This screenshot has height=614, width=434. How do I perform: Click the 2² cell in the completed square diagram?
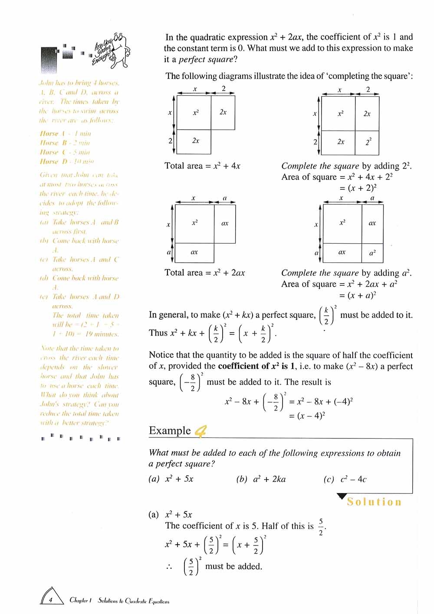coord(368,142)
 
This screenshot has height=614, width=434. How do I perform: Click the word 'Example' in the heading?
coord(170,431)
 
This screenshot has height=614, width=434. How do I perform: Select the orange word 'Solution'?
coord(374,502)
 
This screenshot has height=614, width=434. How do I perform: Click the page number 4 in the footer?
coord(51,600)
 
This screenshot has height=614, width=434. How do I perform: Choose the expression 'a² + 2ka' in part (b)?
coord(269,479)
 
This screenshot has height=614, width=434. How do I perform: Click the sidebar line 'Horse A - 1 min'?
coord(65,134)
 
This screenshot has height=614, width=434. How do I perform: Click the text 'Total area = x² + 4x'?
coord(202,166)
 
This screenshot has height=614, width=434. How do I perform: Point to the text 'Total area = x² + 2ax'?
coord(205,273)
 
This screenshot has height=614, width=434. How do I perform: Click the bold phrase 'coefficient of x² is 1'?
coord(253,366)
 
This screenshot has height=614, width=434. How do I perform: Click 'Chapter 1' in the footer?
coord(80,600)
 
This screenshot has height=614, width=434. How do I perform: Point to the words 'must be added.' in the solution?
coord(233,566)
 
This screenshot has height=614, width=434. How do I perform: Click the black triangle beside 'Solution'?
coord(342,496)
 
